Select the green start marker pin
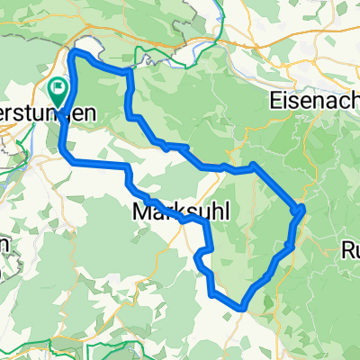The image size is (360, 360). (x=59, y=91)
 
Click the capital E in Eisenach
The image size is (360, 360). (x=274, y=102)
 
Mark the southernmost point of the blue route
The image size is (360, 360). (x=240, y=308)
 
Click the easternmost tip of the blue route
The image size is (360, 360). (x=304, y=208)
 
